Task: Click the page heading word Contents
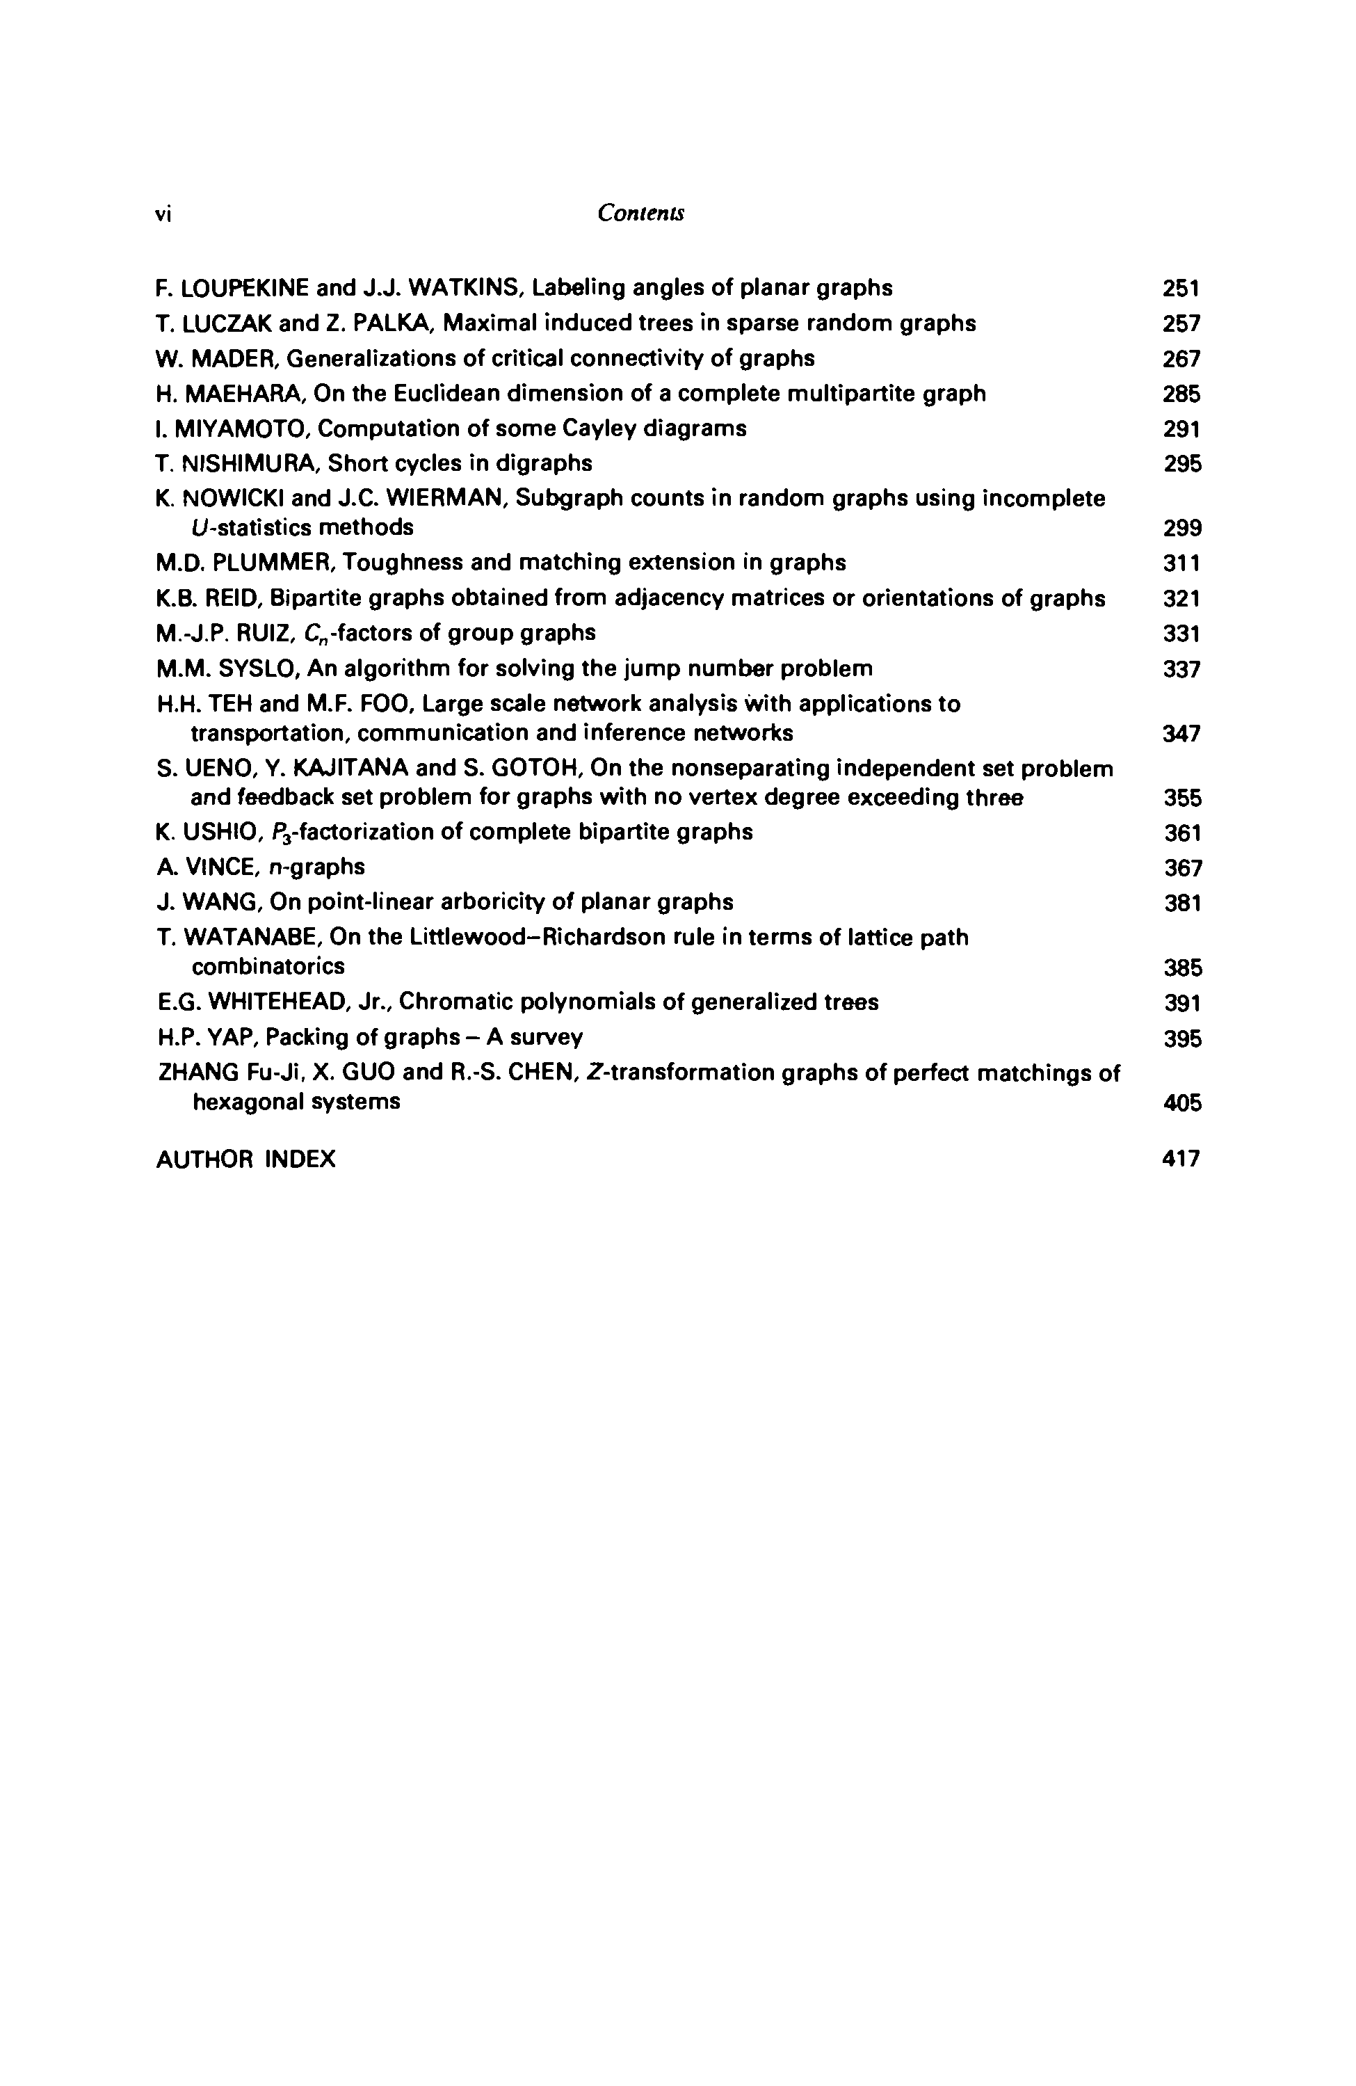[640, 213]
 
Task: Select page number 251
[1181, 289]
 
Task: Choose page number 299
[1181, 529]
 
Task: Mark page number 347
[1181, 734]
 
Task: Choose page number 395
[1181, 1039]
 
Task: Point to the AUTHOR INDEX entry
[245, 1160]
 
